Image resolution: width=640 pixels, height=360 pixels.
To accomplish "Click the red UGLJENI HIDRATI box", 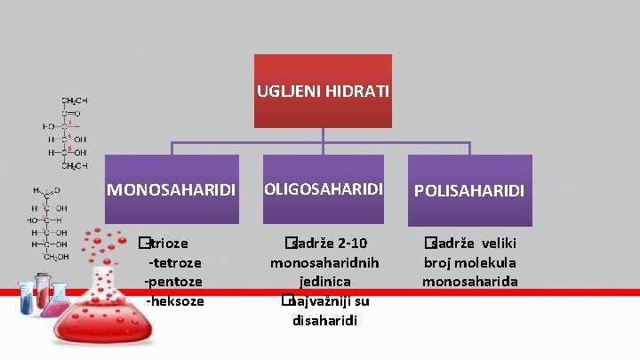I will click(323, 90).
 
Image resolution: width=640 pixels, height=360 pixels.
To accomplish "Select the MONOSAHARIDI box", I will click(172, 189).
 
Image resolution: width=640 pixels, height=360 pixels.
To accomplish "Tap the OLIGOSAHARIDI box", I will click(323, 189).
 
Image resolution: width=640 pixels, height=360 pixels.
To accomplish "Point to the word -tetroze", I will click(174, 262).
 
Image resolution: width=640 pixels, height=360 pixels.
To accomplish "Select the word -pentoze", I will click(174, 281).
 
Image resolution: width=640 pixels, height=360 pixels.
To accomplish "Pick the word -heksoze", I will click(174, 300).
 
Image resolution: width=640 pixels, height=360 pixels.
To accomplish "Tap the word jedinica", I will click(323, 282).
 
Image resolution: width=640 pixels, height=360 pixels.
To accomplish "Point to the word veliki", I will click(500, 244).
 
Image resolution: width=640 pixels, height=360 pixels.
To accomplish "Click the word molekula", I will click(487, 262).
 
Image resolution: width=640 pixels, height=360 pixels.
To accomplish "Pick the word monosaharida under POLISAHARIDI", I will click(470, 282).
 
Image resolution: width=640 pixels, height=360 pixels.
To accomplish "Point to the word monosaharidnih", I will click(323, 262).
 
